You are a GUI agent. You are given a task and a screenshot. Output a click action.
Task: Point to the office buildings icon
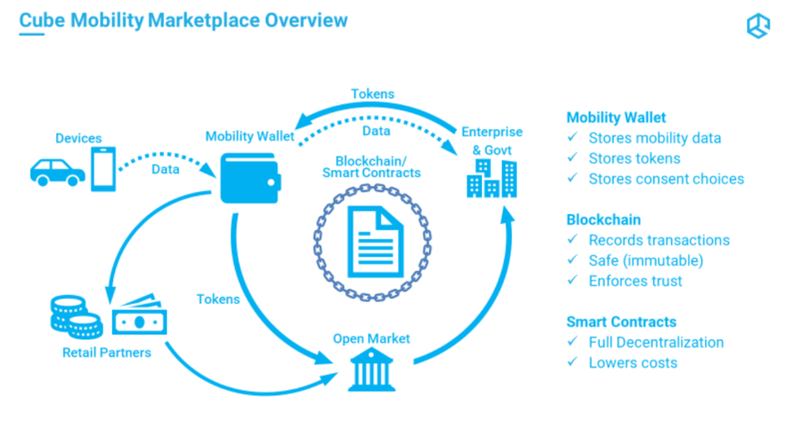pyautogui.click(x=491, y=178)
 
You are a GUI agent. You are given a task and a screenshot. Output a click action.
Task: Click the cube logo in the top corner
pyautogui.click(x=757, y=26)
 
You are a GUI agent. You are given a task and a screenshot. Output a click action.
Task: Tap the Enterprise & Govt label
pyautogui.click(x=492, y=140)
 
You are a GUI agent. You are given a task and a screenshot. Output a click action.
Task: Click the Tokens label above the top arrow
pyautogui.click(x=372, y=93)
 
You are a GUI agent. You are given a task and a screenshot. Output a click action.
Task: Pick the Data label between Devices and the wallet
pyautogui.click(x=166, y=169)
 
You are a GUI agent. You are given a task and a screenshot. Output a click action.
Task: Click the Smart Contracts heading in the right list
pyautogui.click(x=621, y=322)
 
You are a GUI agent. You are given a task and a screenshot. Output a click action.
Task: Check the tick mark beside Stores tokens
pyautogui.click(x=573, y=158)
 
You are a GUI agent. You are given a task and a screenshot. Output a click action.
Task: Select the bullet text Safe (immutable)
pyautogui.click(x=645, y=261)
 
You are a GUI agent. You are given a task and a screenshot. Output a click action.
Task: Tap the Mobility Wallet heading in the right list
pyautogui.click(x=616, y=118)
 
